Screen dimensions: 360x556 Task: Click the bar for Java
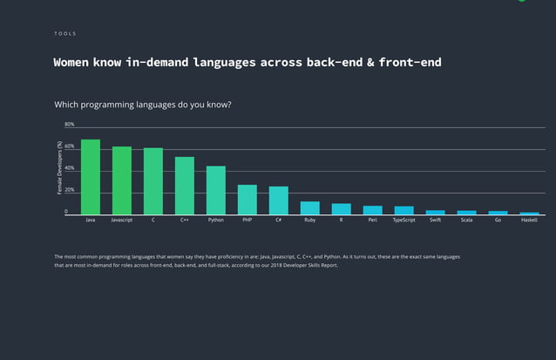91,177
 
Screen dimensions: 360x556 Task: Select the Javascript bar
122,180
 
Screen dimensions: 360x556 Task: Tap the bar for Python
216,190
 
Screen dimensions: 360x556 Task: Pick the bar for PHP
247,200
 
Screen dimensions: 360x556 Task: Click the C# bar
279,200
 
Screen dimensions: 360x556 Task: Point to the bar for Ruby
310,207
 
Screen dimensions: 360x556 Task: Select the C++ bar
185,186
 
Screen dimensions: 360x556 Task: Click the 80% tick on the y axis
69,125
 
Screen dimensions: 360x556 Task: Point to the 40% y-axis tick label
69,168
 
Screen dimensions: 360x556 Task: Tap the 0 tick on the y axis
65,212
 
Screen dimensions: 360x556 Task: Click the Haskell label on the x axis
529,221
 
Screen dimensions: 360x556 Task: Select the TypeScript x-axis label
403,221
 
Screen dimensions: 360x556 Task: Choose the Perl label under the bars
372,221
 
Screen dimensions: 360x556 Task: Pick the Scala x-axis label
466,221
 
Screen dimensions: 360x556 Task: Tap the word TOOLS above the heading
64,34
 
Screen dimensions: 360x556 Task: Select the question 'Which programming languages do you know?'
143,105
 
